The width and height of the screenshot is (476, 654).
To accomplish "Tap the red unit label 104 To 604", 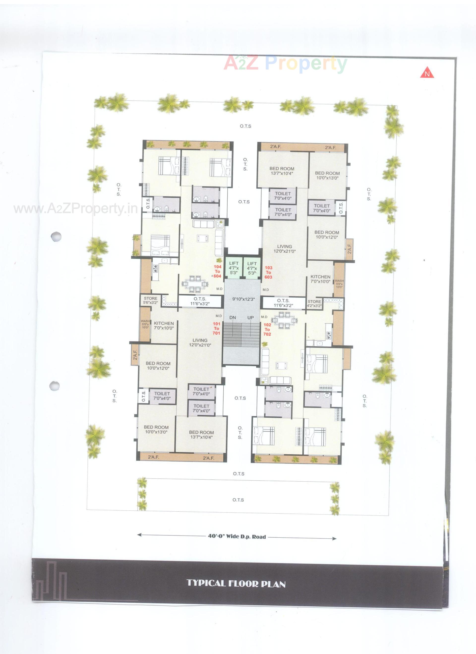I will click(217, 271).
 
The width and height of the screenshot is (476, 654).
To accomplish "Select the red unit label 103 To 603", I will click(268, 272).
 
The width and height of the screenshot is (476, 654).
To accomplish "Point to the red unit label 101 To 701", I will click(216, 328).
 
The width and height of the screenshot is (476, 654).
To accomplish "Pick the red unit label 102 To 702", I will click(267, 329).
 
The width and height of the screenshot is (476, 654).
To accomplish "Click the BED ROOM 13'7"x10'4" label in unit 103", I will click(282, 171).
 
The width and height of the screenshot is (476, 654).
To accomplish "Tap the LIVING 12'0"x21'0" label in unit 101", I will click(200, 343).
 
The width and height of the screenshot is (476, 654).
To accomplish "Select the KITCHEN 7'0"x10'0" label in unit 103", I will click(320, 279).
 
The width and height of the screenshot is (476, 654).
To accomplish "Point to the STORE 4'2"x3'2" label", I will click(314, 304).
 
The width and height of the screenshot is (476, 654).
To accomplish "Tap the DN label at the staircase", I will click(233, 317).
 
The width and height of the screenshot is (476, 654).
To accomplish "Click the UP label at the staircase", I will click(251, 317).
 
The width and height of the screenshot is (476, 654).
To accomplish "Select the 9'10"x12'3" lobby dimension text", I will click(244, 299).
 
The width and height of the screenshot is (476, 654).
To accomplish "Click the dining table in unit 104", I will click(195, 284).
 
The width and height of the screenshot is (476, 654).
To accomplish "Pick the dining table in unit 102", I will click(285, 320).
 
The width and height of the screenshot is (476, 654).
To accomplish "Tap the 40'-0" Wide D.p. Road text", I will click(237, 537).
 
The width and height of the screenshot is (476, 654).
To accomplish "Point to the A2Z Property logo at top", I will click(285, 63).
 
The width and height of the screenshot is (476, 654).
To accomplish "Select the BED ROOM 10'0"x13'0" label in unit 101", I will click(156, 430).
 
